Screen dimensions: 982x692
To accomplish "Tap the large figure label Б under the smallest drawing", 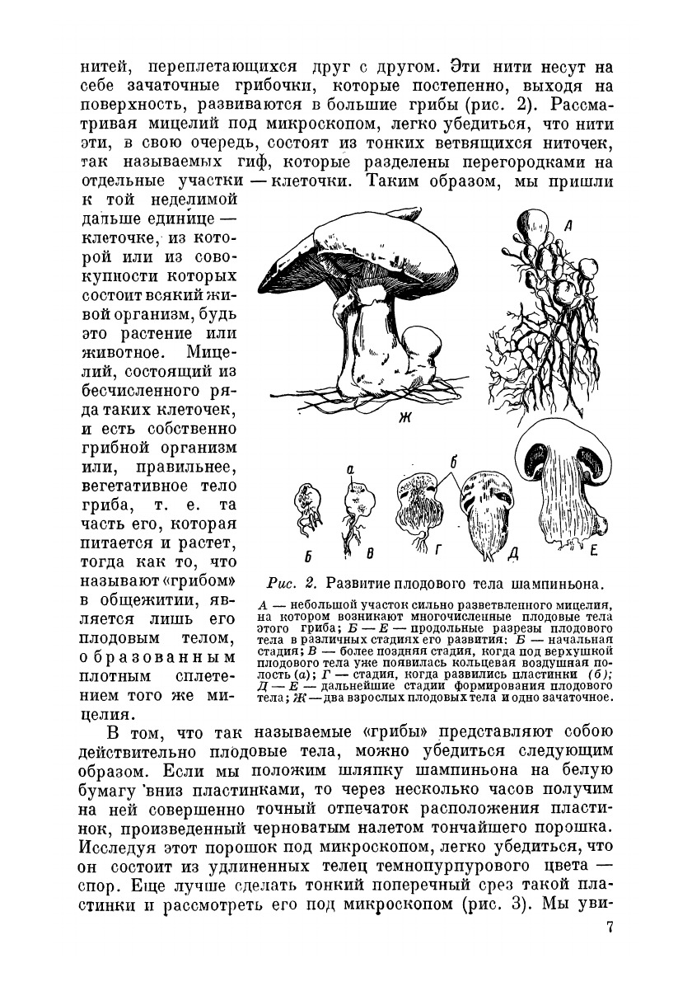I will [306, 550].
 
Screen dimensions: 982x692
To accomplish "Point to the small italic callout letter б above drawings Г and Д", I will [453, 462].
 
